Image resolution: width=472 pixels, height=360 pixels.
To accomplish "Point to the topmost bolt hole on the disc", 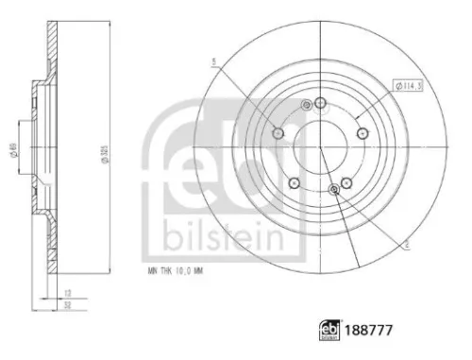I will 320,103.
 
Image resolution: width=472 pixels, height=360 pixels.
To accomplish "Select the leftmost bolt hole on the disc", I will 278,134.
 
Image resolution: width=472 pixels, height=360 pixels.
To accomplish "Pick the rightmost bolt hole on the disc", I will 362,133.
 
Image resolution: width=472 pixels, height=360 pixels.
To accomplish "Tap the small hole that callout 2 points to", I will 335,190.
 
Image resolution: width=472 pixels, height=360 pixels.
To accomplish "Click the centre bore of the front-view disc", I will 320,147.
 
